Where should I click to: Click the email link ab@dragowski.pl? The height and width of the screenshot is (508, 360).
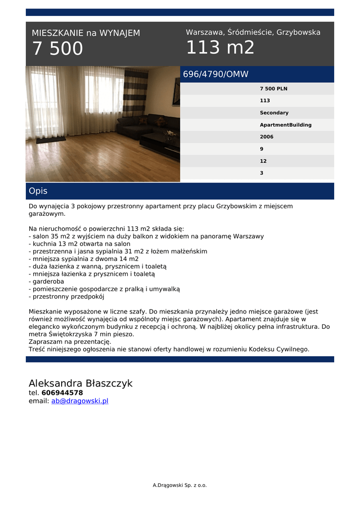coord(79,401)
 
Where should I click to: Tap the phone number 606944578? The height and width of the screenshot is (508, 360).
coord(62,393)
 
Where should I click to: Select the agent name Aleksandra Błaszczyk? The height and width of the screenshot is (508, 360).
coord(80,383)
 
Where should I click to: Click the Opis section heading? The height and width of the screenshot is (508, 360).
coord(38,191)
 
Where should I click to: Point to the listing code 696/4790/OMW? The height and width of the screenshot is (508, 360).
coord(216,74)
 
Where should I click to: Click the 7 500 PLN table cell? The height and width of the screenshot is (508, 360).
coord(273,89)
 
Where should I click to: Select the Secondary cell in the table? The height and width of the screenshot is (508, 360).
coord(274,113)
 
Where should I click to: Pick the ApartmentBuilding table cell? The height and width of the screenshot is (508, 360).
coord(286,125)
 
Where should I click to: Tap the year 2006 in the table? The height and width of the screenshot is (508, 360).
coord(266,137)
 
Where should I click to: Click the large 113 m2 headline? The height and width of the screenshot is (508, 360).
coord(220,48)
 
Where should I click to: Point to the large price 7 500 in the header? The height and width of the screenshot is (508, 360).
coord(58,49)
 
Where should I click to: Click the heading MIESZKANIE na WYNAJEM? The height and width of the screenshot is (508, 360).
coord(86,33)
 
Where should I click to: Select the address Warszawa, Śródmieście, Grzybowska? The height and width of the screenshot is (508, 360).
coord(253,32)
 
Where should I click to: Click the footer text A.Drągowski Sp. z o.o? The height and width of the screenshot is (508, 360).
coord(180,485)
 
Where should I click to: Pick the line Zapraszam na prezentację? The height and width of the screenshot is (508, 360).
coord(70,342)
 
